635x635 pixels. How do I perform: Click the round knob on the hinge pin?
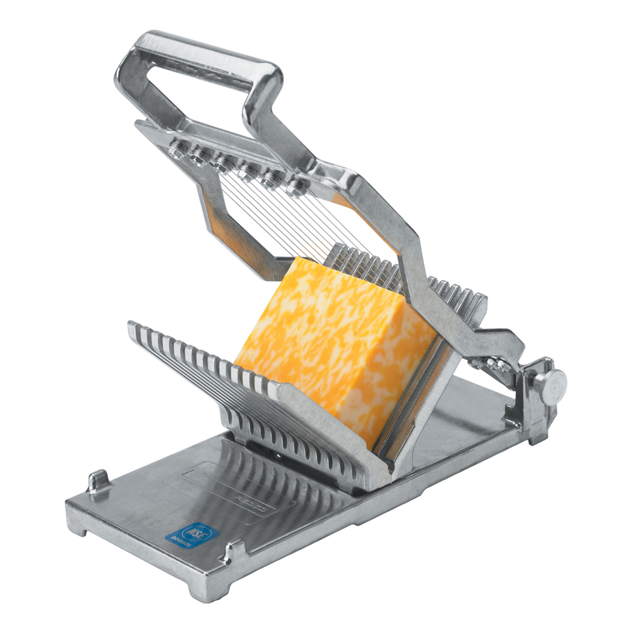tap(550, 384)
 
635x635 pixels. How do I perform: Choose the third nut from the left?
tap(223, 164)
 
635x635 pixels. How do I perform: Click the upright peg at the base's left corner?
tap(98, 481)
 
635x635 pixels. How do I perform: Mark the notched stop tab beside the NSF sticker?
tap(232, 551)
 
